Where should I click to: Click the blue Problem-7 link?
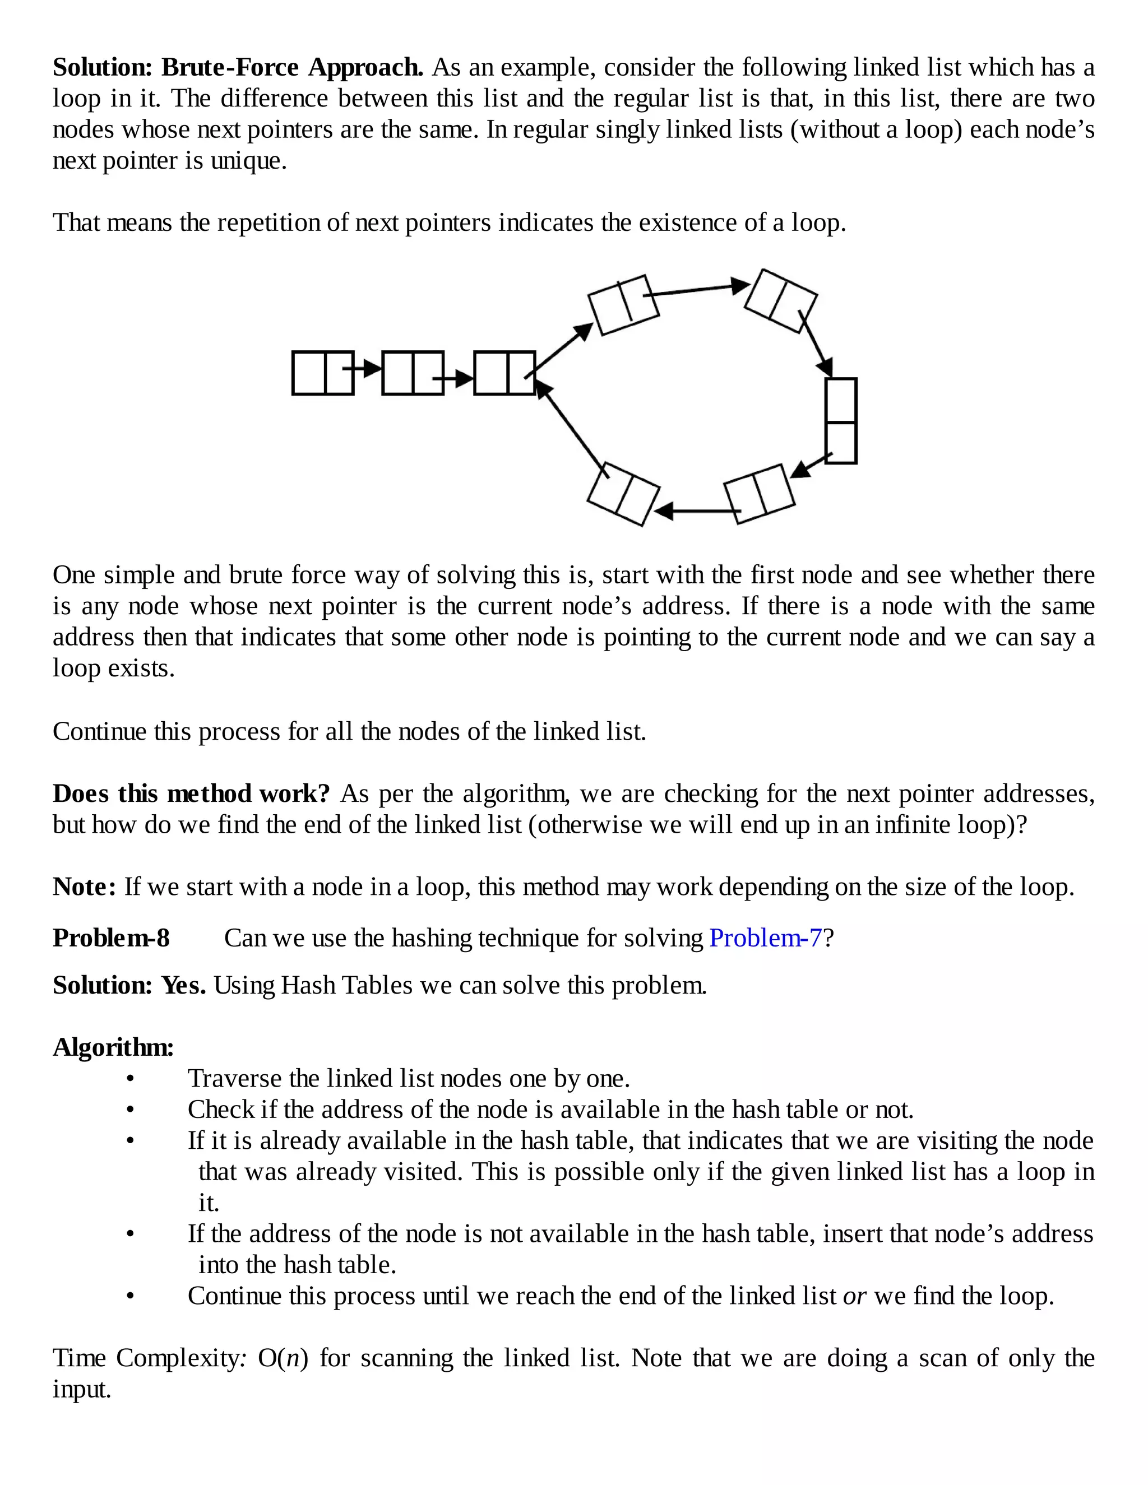point(765,938)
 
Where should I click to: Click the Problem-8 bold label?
point(111,938)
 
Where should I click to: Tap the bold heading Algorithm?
point(113,1047)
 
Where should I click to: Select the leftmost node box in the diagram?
point(323,373)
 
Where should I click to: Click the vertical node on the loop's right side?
point(841,421)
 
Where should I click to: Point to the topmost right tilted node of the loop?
point(781,300)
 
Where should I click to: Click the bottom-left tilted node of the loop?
point(623,494)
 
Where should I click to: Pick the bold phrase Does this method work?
point(191,793)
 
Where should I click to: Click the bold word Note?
point(85,887)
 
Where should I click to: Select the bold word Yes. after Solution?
point(184,985)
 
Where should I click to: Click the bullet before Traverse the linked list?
point(131,1079)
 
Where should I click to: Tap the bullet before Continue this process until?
point(131,1297)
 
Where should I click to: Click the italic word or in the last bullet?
point(854,1297)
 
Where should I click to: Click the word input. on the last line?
point(82,1389)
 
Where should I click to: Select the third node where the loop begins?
point(504,373)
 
